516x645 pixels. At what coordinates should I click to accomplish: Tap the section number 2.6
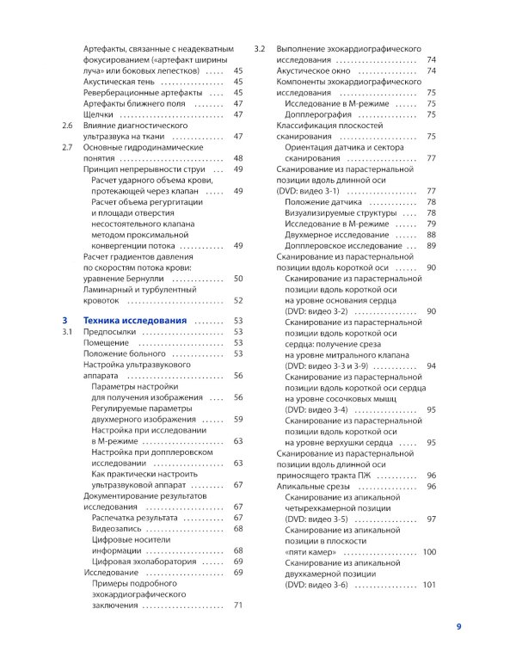pos(68,126)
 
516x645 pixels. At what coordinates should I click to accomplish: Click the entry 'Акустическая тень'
pos(120,81)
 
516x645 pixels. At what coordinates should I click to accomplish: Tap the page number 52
pos(238,300)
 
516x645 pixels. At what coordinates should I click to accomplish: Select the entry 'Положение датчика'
pos(323,201)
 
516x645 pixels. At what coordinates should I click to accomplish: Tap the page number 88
pos(431,235)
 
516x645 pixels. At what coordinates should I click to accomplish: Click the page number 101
pos(429,585)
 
